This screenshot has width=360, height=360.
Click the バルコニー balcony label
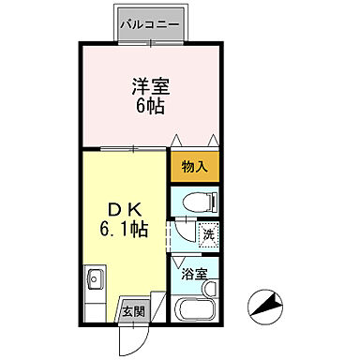(153, 22)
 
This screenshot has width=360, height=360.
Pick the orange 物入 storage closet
(194, 166)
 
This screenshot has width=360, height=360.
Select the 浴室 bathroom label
(194, 276)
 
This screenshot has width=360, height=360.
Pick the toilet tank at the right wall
(215, 201)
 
